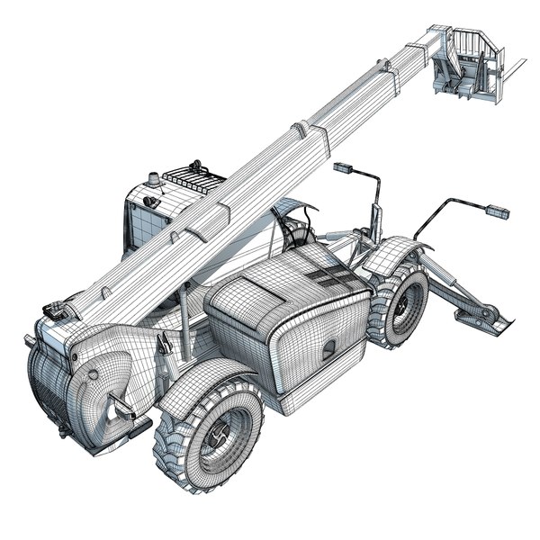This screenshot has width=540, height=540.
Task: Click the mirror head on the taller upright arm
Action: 342,167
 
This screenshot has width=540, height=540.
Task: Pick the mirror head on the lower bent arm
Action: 497,211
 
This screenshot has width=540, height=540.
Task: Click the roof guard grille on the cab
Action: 194,176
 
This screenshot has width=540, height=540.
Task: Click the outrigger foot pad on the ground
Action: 486,318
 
